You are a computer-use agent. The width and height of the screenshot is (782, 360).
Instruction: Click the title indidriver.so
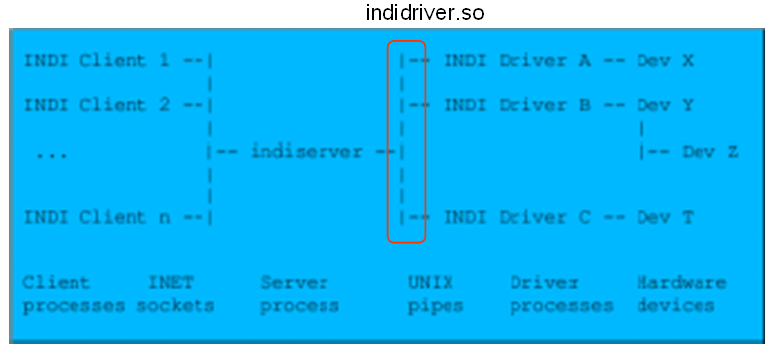(x=425, y=14)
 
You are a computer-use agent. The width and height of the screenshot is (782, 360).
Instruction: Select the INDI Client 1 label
(x=97, y=61)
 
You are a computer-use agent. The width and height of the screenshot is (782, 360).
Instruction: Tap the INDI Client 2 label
(x=97, y=105)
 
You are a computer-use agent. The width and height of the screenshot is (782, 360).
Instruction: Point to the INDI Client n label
(x=97, y=217)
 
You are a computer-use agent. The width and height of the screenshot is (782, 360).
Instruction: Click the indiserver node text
(x=306, y=152)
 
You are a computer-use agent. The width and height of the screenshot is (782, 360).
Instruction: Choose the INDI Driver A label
(x=517, y=61)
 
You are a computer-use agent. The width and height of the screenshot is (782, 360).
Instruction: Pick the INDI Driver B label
(x=517, y=105)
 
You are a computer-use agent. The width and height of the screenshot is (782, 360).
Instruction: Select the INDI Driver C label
(x=517, y=217)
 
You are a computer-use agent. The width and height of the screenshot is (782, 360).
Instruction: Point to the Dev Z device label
(x=710, y=152)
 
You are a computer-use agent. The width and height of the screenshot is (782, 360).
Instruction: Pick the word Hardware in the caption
(x=681, y=283)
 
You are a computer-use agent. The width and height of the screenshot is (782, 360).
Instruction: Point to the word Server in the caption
(x=288, y=283)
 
